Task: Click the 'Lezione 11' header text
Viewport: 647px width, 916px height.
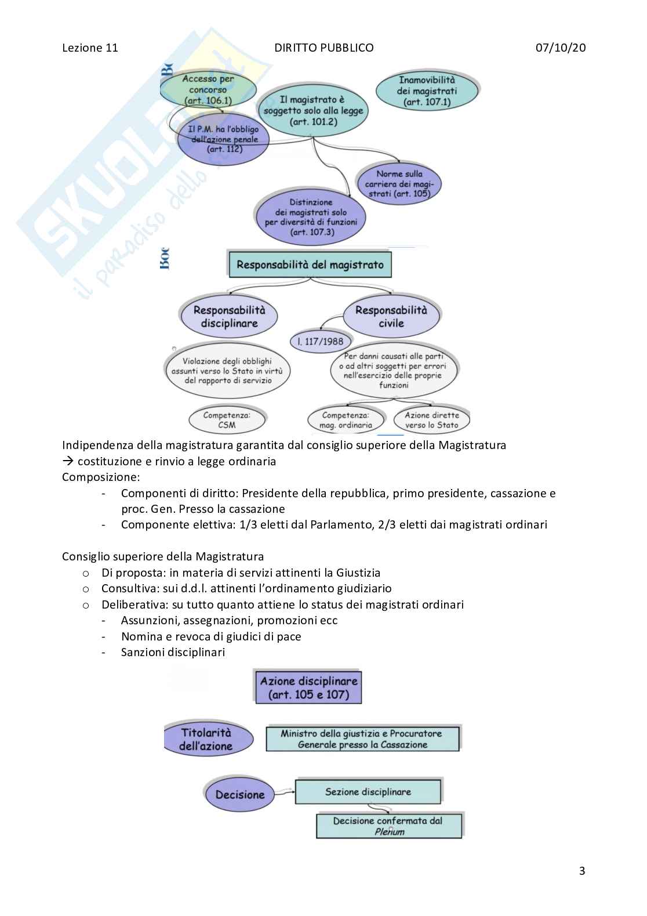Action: pyautogui.click(x=90, y=48)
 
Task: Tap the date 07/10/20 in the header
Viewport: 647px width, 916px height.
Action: pyautogui.click(x=560, y=48)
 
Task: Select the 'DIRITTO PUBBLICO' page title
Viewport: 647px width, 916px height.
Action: pyautogui.click(x=323, y=48)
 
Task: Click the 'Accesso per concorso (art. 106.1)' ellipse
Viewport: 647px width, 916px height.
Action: pyautogui.click(x=208, y=90)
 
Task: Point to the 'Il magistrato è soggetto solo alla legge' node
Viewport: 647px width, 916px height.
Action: pyautogui.click(x=313, y=111)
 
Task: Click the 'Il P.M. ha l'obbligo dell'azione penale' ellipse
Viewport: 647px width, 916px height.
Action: pyautogui.click(x=223, y=139)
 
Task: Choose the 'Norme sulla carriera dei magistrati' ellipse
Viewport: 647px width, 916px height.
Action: pyautogui.click(x=399, y=183)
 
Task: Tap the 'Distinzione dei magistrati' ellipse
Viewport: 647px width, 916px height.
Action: pyautogui.click(x=311, y=218)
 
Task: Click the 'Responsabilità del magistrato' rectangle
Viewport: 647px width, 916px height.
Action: pyautogui.click(x=310, y=265)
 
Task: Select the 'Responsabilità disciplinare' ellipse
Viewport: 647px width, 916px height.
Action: pyautogui.click(x=229, y=317)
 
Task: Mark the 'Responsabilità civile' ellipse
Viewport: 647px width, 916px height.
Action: pyautogui.click(x=391, y=317)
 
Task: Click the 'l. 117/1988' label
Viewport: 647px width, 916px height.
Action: pyautogui.click(x=320, y=341)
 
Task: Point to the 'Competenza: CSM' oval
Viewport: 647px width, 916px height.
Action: pyautogui.click(x=227, y=420)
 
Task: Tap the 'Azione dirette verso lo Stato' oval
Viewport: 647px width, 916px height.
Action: pyautogui.click(x=431, y=420)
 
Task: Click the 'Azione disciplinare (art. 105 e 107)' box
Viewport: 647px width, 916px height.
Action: pyautogui.click(x=308, y=687)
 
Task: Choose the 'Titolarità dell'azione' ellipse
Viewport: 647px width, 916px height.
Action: pyautogui.click(x=206, y=740)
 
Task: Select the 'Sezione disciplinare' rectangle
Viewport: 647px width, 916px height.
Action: pyautogui.click(x=368, y=792)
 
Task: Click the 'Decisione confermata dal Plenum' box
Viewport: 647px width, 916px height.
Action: pyautogui.click(x=388, y=826)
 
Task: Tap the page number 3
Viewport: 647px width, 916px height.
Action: pyautogui.click(x=582, y=871)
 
